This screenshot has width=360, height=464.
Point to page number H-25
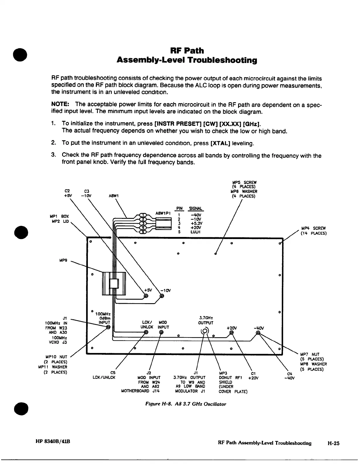coord(333,443)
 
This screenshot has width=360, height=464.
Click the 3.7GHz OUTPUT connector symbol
coord(205,331)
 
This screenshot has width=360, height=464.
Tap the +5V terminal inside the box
coord(146,296)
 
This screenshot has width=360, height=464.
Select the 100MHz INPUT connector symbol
coord(108,327)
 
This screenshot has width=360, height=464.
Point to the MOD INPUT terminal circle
coord(161,332)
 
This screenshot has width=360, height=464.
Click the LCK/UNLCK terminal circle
coord(146,332)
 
